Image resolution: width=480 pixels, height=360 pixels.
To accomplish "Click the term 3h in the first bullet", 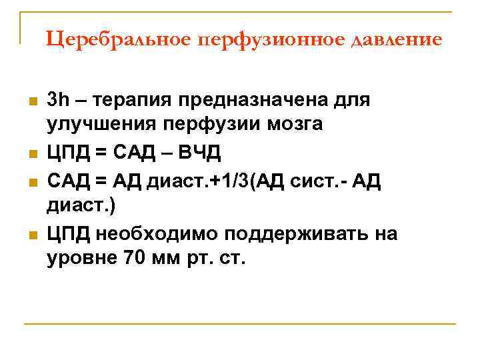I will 58,100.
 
